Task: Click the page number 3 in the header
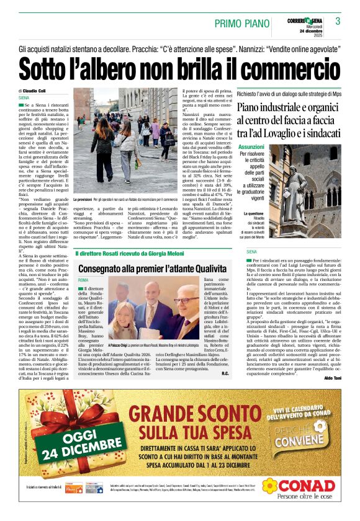tap(338, 21)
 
